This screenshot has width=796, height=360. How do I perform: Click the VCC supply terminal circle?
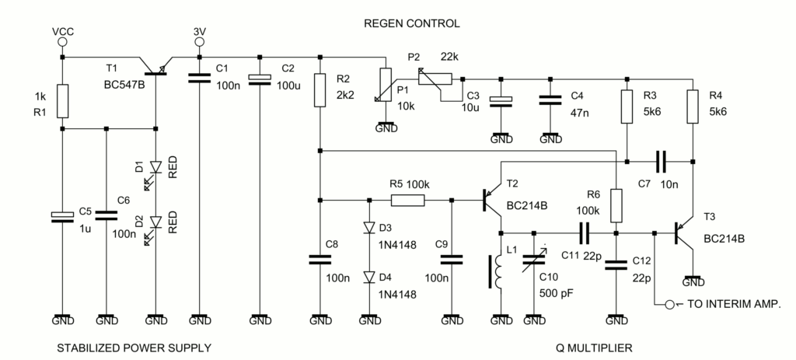(x=62, y=43)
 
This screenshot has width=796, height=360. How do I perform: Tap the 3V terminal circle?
(x=199, y=43)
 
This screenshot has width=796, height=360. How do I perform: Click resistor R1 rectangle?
(x=62, y=99)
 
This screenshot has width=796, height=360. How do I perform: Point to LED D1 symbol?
(x=156, y=168)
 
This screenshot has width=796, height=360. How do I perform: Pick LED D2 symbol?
(x=156, y=223)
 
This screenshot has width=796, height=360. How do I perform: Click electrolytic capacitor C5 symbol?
(x=62, y=217)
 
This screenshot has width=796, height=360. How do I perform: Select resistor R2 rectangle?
(x=319, y=90)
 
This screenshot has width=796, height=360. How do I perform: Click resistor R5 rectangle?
(x=407, y=200)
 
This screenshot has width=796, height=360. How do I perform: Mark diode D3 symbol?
(x=366, y=229)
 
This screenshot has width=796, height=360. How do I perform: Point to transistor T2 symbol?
(x=494, y=201)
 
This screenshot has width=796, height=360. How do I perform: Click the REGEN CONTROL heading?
(x=412, y=23)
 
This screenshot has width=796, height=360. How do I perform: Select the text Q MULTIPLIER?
(x=594, y=347)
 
